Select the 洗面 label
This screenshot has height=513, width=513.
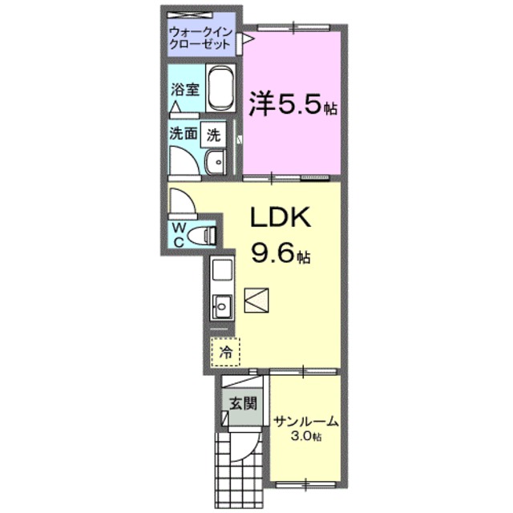pyautogui.click(x=182, y=135)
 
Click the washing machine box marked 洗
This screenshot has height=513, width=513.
pyautogui.click(x=213, y=135)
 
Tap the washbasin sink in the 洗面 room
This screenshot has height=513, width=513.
pyautogui.click(x=216, y=164)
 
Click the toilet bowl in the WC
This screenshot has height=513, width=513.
pyautogui.click(x=207, y=236)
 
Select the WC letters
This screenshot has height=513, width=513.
pyautogui.click(x=179, y=234)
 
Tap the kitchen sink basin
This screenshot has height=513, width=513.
pyautogui.click(x=221, y=306)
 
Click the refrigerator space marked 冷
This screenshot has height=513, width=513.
pyautogui.click(x=225, y=350)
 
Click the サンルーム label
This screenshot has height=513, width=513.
pyautogui.click(x=305, y=422)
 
